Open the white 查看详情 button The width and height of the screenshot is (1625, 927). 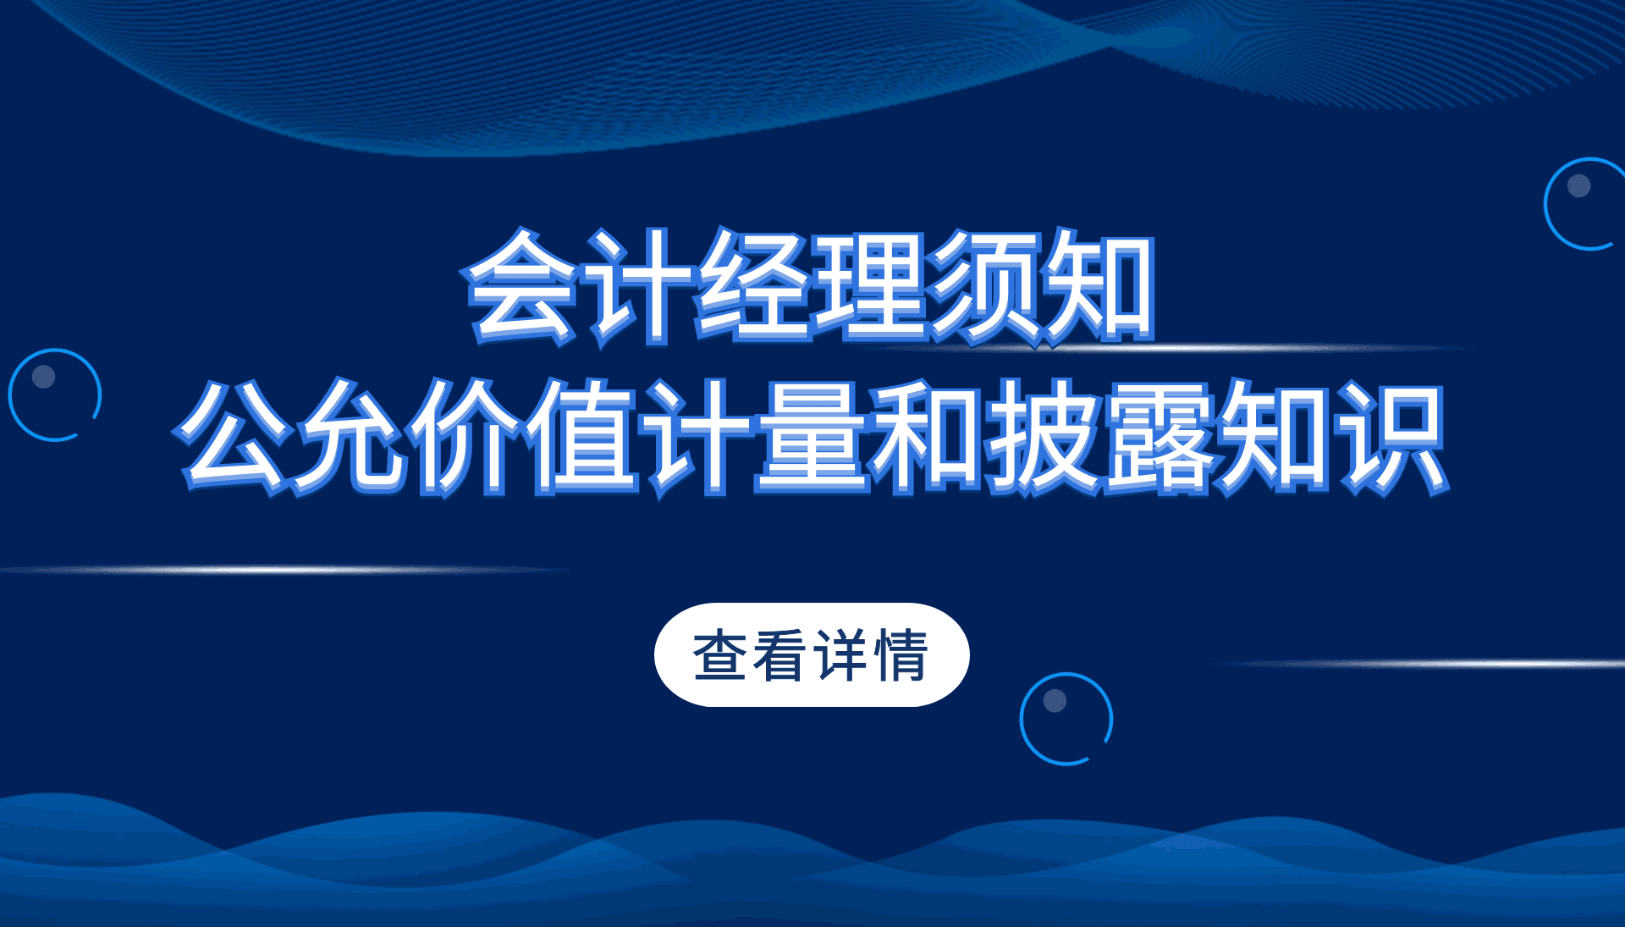812,654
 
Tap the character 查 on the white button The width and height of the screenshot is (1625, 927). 720,654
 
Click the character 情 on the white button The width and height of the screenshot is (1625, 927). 902,654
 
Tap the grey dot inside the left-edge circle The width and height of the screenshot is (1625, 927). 43,377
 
